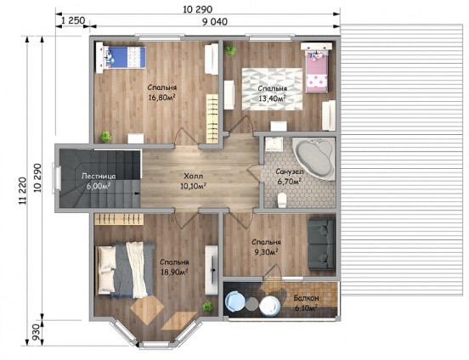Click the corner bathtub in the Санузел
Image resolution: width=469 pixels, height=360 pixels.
[314, 159]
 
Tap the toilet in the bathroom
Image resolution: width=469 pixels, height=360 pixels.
[282, 200]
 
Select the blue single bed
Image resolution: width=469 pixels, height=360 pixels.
[121, 58]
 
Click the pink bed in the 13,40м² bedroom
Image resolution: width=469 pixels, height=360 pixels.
[316, 68]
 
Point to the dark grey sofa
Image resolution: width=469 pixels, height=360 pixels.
[321, 244]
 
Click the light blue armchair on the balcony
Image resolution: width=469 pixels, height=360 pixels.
[235, 302]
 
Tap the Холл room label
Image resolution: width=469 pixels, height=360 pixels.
[193, 176]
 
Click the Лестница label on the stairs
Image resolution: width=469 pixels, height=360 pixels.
[99, 176]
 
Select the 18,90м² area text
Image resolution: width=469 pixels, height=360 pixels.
[174, 272]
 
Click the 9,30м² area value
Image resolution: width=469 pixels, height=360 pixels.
[266, 252]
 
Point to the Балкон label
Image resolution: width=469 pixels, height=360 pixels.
[306, 298]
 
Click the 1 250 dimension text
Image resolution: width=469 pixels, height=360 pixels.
[73, 20]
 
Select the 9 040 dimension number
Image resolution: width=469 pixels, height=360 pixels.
[215, 22]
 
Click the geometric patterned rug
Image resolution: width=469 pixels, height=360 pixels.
[272, 89]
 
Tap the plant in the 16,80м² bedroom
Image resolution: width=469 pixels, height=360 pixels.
[106, 137]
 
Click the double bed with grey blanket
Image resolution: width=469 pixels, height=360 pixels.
[124, 270]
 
